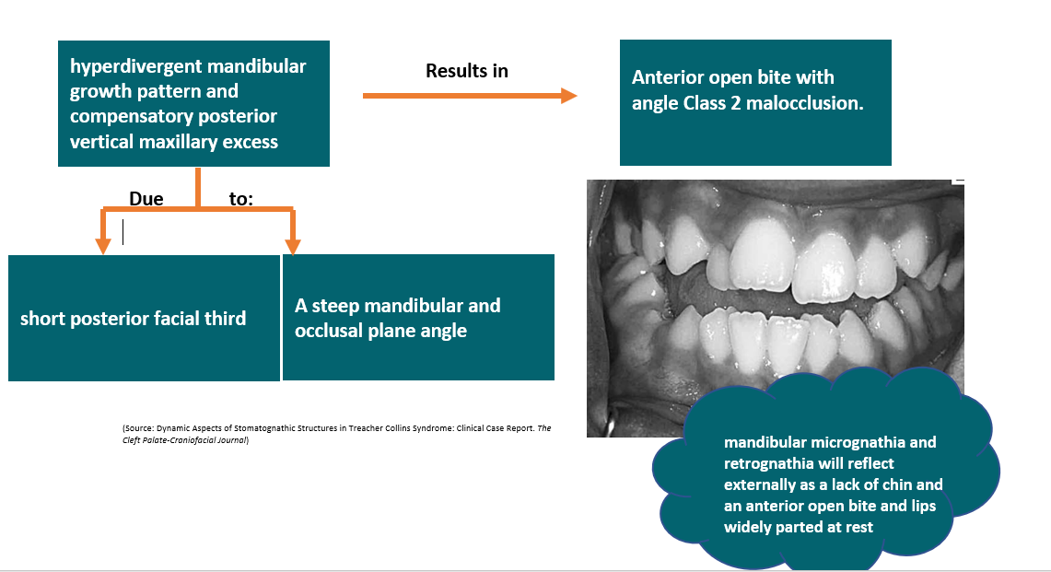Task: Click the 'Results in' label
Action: pyautogui.click(x=466, y=71)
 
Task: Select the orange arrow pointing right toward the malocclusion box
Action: pyautogui.click(x=469, y=95)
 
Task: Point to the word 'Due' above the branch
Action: pyautogui.click(x=146, y=199)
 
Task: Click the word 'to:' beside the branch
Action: pyautogui.click(x=240, y=199)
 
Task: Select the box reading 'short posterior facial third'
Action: pyautogui.click(x=144, y=318)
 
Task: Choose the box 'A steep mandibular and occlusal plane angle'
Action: pyautogui.click(x=418, y=318)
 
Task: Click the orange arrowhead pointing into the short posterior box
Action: pyautogui.click(x=102, y=244)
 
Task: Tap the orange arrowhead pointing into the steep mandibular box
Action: pyautogui.click(x=293, y=245)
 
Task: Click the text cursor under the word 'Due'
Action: pyautogui.click(x=123, y=233)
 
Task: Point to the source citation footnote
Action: pyautogui.click(x=336, y=434)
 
